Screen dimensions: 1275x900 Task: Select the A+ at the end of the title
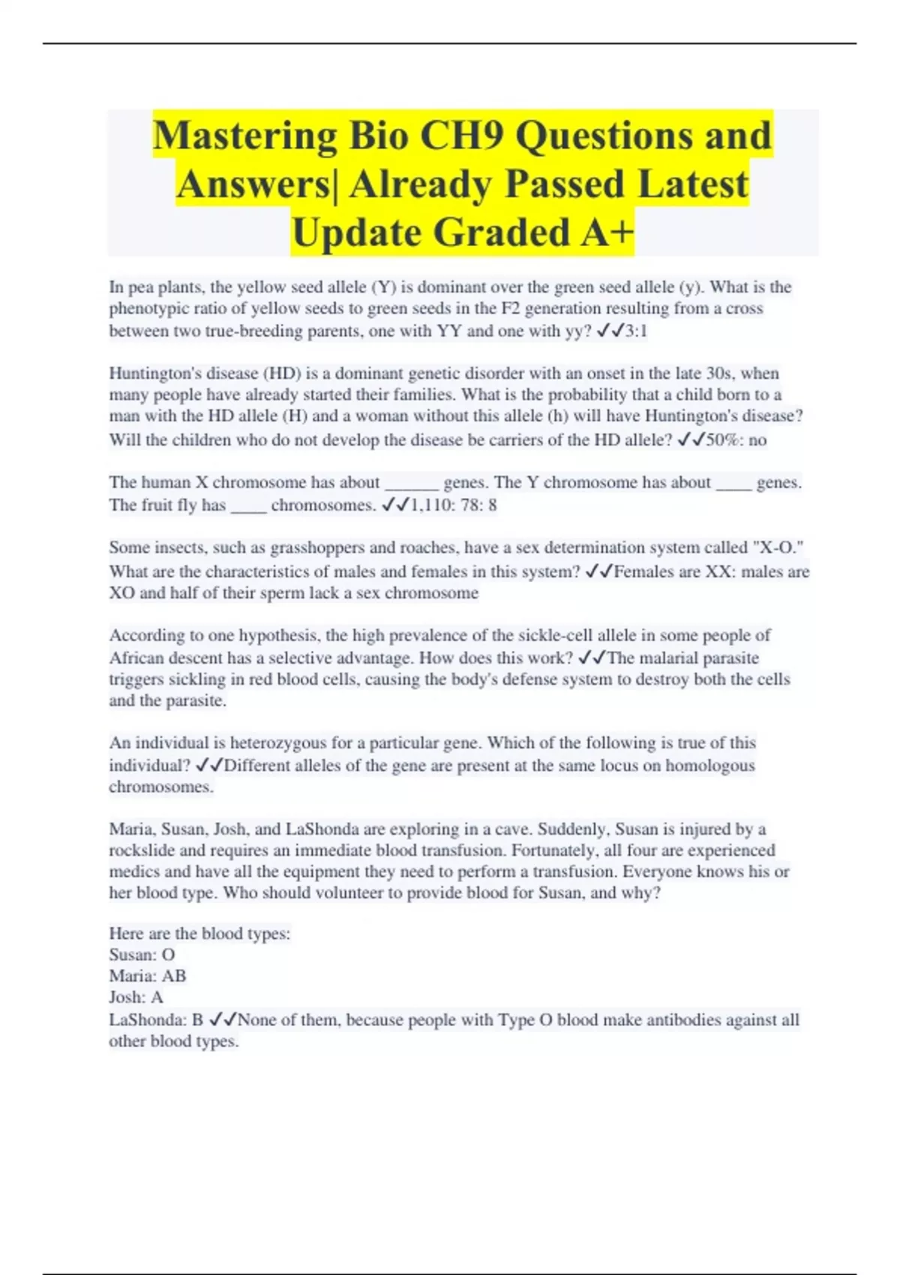click(606, 232)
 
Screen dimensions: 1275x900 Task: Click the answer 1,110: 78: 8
click(453, 505)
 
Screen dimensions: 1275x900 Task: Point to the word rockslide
click(142, 850)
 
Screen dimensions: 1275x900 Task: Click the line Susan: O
click(142, 955)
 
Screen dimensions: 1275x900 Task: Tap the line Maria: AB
click(148, 976)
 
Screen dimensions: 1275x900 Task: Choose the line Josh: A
click(136, 997)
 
